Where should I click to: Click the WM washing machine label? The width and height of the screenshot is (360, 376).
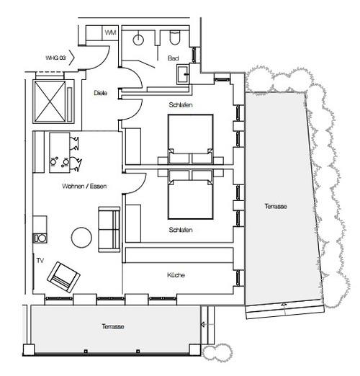click(x=111, y=32)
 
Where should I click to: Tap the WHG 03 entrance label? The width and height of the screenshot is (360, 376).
click(x=55, y=58)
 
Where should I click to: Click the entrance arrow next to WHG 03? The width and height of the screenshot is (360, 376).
click(x=72, y=58)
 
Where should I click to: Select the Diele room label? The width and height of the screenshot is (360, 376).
click(x=101, y=93)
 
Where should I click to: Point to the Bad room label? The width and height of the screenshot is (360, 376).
click(x=173, y=58)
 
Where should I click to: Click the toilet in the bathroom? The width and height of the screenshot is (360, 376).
click(x=174, y=37)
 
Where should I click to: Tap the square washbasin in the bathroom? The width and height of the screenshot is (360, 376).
click(x=183, y=74)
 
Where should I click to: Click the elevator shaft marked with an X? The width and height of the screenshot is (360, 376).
click(x=50, y=102)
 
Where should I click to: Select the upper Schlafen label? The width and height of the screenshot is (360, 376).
click(x=181, y=105)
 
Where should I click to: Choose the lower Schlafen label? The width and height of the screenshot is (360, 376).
click(x=181, y=230)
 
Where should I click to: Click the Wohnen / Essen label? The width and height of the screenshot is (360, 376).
click(x=84, y=186)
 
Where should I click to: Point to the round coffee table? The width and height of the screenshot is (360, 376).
click(x=81, y=237)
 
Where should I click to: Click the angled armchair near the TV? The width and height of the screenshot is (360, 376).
click(x=63, y=277)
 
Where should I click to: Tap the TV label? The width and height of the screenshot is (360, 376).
click(x=40, y=261)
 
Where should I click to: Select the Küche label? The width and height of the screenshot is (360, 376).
click(x=176, y=275)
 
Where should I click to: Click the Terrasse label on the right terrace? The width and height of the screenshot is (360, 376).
click(x=276, y=206)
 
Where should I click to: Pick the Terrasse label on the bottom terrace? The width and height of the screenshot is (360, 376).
click(x=113, y=326)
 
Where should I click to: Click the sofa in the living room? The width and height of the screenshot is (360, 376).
click(x=109, y=230)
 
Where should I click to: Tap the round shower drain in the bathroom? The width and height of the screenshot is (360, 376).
click(x=138, y=40)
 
